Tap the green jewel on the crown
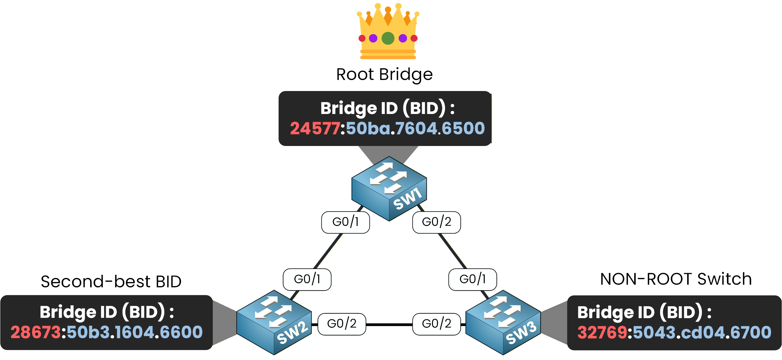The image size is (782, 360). tap(388, 38)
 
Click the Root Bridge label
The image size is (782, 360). tap(384, 74)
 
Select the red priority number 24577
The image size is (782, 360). tap(315, 128)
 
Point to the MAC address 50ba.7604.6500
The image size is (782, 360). tap(415, 128)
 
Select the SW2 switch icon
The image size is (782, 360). tap(274, 322)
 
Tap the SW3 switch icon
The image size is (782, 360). tap(503, 322)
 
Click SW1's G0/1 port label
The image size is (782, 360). tap(345, 222)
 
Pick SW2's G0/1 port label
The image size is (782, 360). tap(307, 279)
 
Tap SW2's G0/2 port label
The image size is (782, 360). tap(342, 324)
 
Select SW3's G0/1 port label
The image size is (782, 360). tap(472, 279)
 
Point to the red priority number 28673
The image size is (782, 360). tap(35, 332)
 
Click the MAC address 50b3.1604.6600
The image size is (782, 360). tap(134, 332)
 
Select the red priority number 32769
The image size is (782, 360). tap(602, 332)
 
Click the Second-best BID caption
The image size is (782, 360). tap(111, 281)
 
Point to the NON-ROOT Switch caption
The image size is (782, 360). tap(676, 279)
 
